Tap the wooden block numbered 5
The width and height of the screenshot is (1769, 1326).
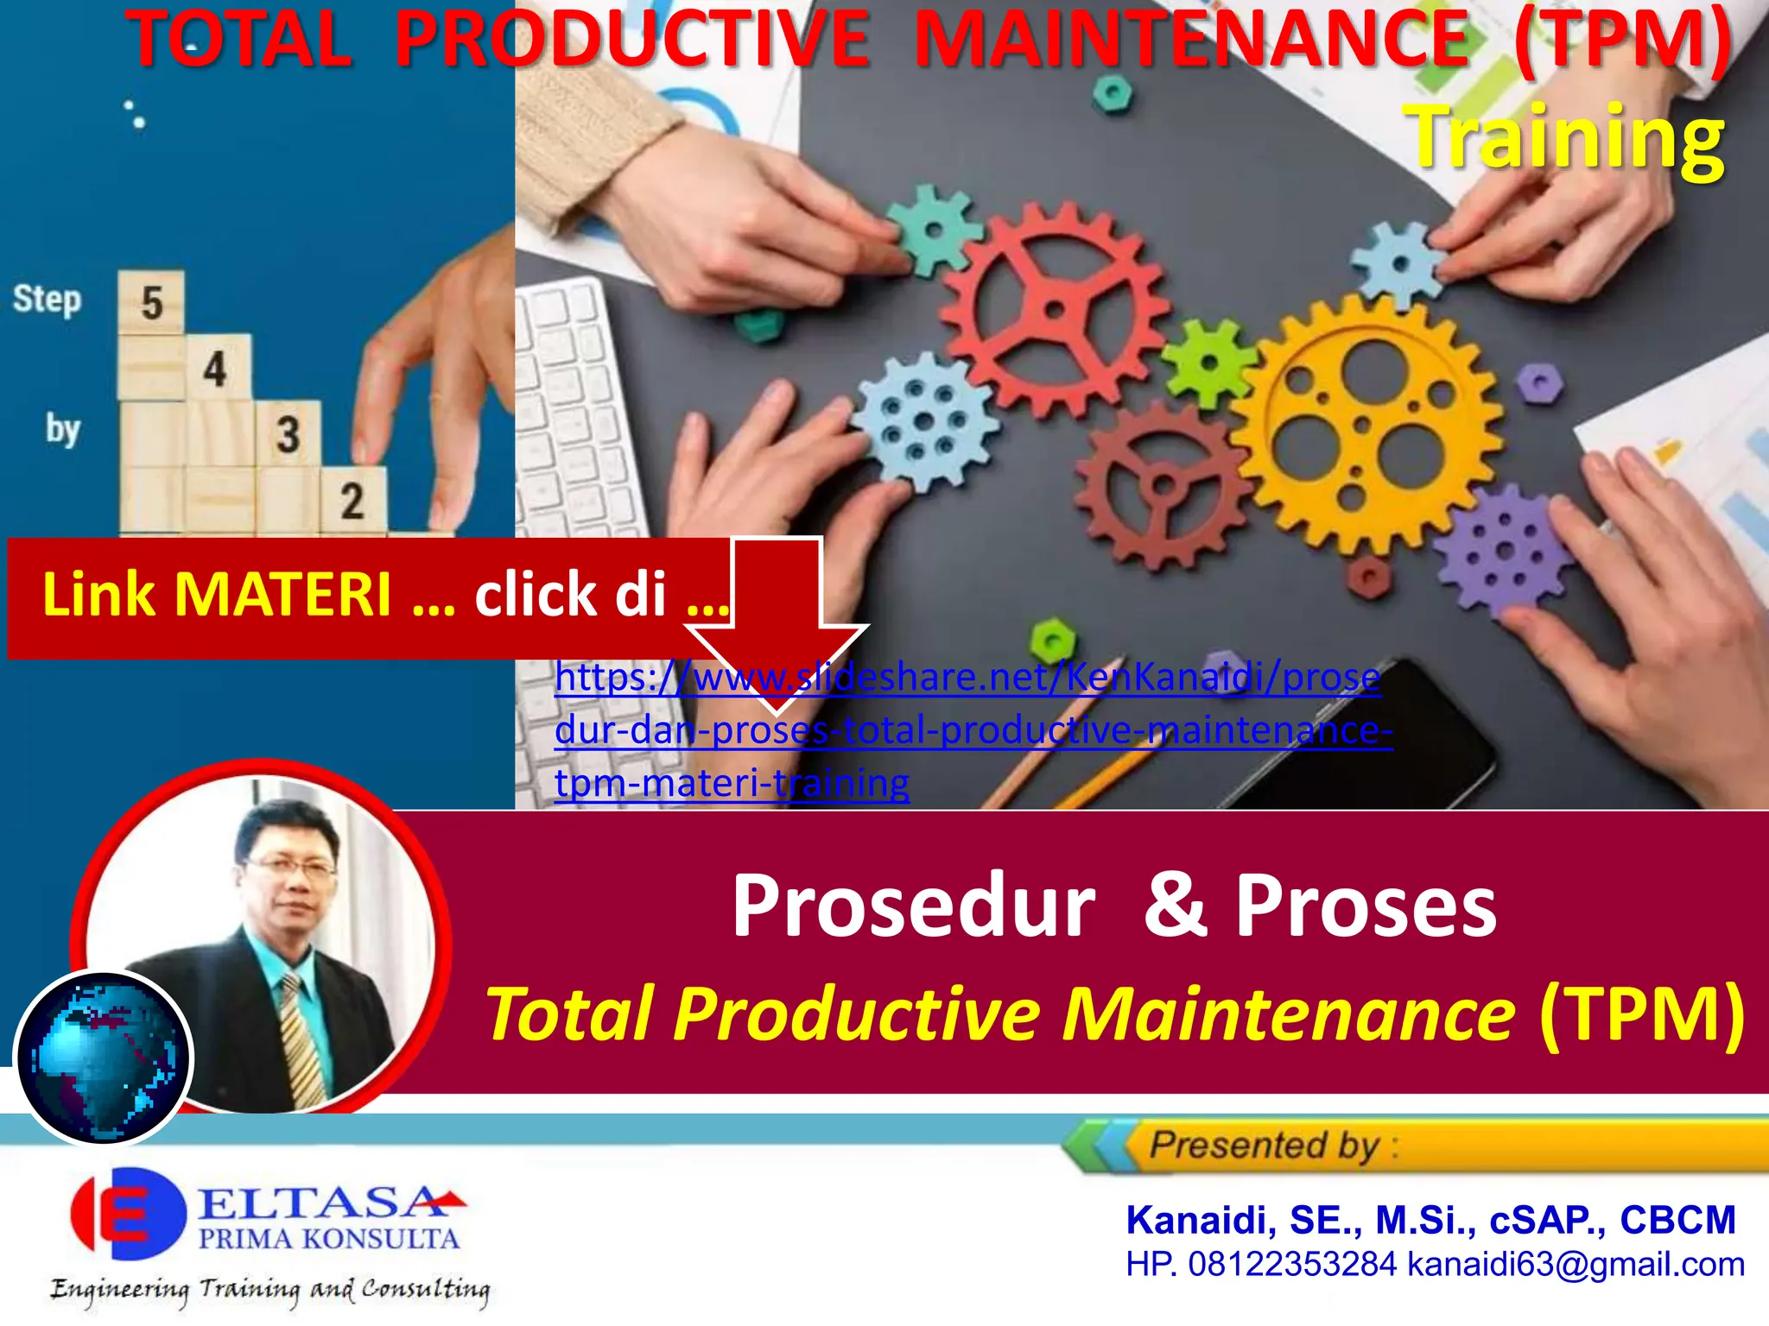tap(151, 303)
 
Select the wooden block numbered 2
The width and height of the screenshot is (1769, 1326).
tap(352, 501)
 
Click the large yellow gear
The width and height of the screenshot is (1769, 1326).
tap(1365, 423)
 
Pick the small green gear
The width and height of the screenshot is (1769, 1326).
tap(1208, 363)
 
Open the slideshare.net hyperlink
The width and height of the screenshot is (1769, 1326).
tap(967, 729)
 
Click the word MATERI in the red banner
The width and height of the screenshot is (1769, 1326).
tap(282, 595)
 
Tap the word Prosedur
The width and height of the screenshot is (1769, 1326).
tap(913, 906)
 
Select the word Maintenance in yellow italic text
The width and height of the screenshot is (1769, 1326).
tap(1287, 1014)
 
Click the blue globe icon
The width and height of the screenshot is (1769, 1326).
tap(104, 1058)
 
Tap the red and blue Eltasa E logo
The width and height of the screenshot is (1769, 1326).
tap(128, 1213)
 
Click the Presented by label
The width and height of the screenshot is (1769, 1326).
tap(1265, 1146)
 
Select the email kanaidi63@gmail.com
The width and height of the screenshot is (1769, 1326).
tap(1576, 1265)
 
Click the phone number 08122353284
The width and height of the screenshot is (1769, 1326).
tap(1292, 1265)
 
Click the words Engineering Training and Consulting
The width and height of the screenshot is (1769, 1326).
tap(269, 1289)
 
